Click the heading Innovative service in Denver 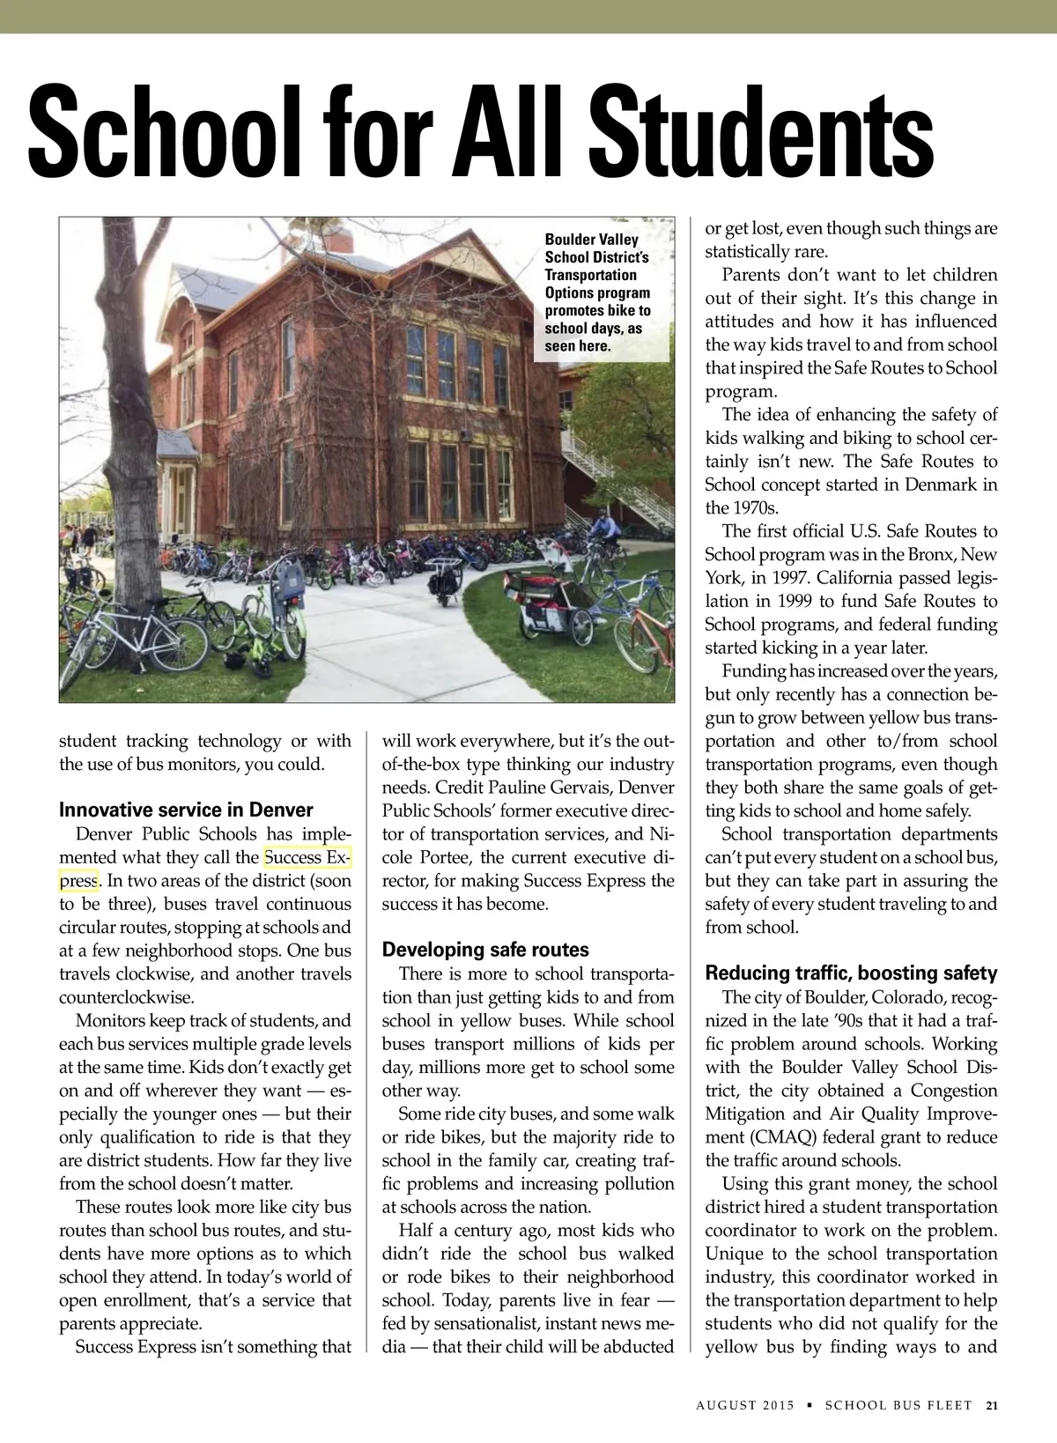pyautogui.click(x=186, y=810)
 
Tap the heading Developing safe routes pyautogui.click(x=485, y=950)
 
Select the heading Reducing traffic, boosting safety pyautogui.click(x=851, y=973)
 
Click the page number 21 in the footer pyautogui.click(x=993, y=1405)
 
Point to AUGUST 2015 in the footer pyautogui.click(x=745, y=1405)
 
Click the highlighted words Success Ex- pyautogui.click(x=307, y=857)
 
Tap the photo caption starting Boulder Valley pyautogui.click(x=597, y=292)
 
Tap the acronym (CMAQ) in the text pyautogui.click(x=753, y=1137)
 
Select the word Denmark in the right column pyautogui.click(x=933, y=485)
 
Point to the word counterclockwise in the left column pyautogui.click(x=127, y=997)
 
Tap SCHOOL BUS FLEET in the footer pyautogui.click(x=898, y=1405)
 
